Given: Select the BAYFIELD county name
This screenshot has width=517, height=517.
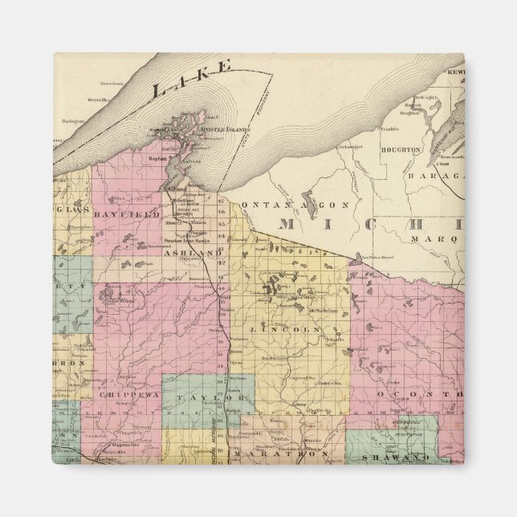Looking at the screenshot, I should tap(128, 215).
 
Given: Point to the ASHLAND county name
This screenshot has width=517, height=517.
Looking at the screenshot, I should tap(193, 252).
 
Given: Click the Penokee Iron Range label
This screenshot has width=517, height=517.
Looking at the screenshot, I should tap(196, 240).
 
